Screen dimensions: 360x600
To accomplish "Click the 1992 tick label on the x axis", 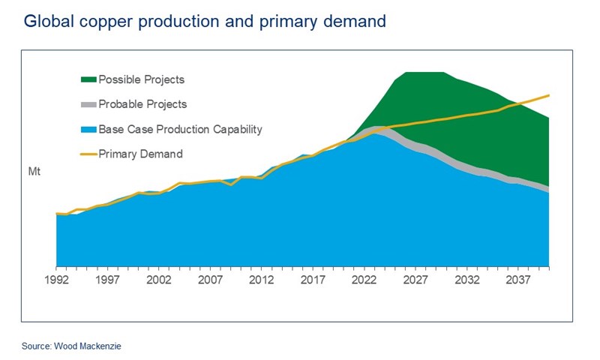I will click(57, 280).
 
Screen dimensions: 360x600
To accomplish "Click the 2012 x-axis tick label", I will click(261, 280).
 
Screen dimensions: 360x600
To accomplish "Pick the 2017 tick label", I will click(312, 280).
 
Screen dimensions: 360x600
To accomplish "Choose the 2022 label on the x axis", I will click(363, 280).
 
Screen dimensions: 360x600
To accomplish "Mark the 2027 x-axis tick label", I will click(414, 280).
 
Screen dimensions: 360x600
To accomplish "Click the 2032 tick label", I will click(465, 280).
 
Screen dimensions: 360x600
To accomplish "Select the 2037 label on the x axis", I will click(516, 280).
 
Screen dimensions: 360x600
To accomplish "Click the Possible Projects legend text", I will click(142, 79).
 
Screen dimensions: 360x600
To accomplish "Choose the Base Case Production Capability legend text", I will click(181, 129).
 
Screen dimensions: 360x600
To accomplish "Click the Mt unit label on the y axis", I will click(34, 172).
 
